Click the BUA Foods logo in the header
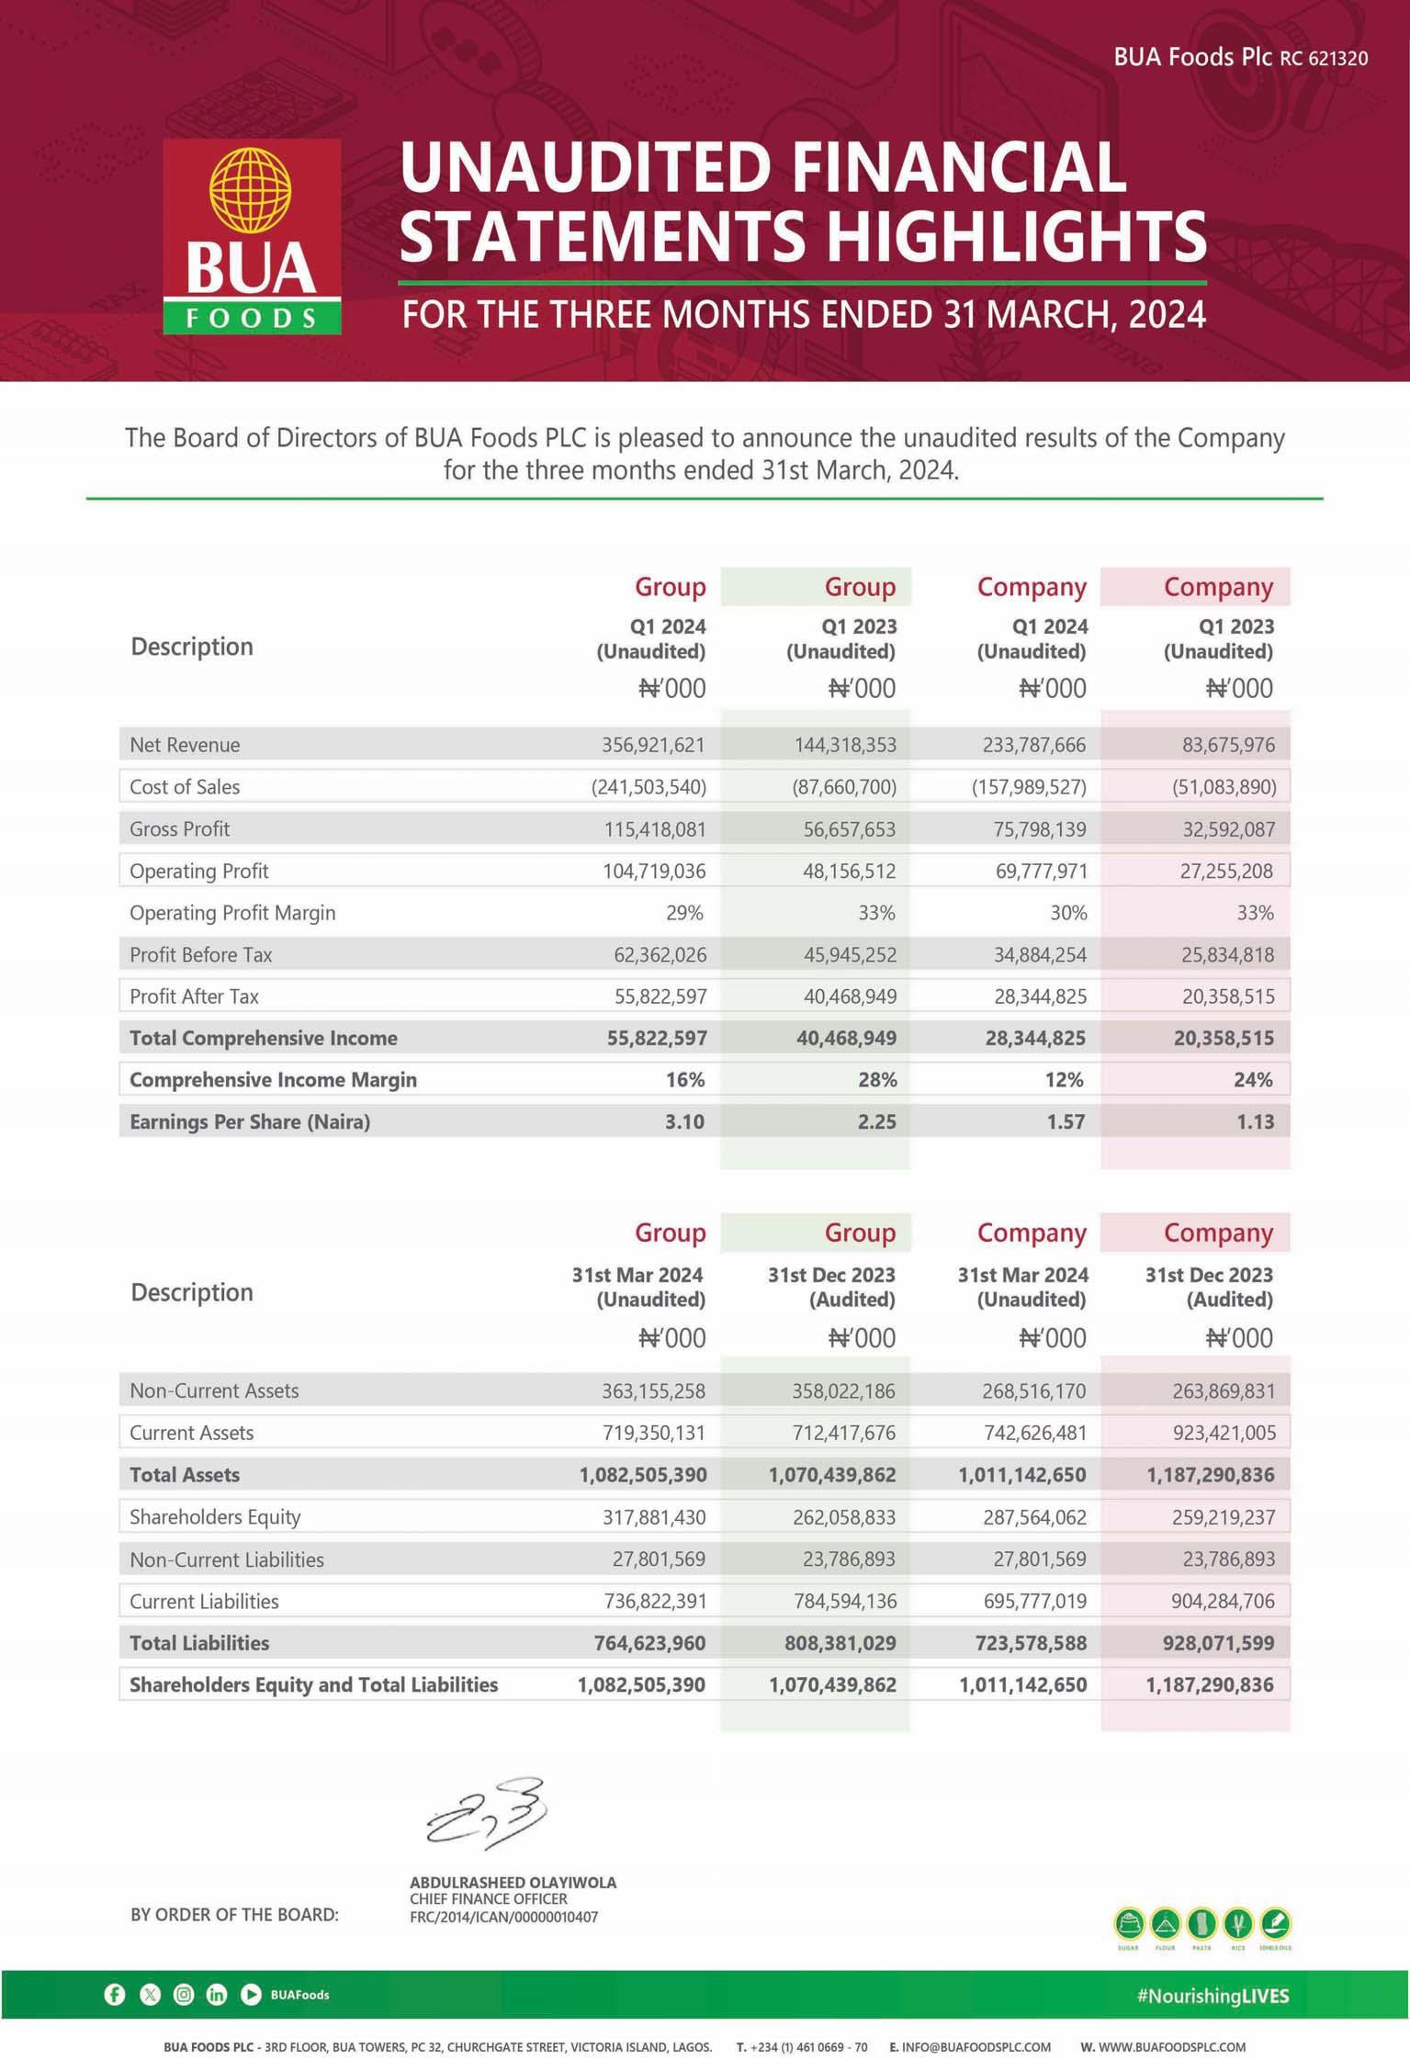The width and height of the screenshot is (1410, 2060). coord(252,236)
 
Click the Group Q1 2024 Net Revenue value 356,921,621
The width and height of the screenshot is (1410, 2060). coord(653,745)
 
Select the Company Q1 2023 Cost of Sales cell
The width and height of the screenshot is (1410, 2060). coord(1224,787)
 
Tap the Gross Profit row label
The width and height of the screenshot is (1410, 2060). coord(180,829)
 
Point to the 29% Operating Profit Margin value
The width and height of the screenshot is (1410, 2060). coord(685,913)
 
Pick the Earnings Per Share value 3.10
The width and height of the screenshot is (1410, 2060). coord(685,1121)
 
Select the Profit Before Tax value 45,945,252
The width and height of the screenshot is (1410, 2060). coord(850,955)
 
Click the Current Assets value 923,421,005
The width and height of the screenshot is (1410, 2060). coord(1224,1433)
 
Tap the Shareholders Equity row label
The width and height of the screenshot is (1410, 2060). coord(215,1517)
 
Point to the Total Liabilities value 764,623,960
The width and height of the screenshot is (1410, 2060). coord(650,1643)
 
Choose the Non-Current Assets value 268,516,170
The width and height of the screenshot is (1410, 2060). coord(1033,1391)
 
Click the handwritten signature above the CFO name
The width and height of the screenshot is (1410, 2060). coord(487,1814)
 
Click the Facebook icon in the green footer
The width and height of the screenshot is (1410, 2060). coord(115,1995)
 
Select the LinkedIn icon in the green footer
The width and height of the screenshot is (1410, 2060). coord(217,1995)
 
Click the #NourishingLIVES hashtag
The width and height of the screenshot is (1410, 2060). coord(1213,1996)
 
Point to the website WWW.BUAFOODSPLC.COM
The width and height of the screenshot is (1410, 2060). coord(1163,2047)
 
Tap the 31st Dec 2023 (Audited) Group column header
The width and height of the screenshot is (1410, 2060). coord(831,1287)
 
